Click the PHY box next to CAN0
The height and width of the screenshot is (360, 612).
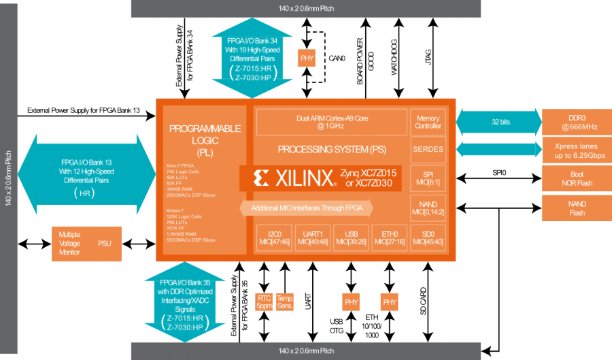pos(308,59)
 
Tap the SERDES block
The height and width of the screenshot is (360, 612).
pos(428,150)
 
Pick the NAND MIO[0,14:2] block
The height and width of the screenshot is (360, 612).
pos(428,208)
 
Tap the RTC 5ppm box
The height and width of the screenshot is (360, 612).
pos(264,301)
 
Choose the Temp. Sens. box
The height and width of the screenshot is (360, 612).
pos(286,301)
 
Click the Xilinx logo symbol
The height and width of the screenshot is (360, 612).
pos(260,179)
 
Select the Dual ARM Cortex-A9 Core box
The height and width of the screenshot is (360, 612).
pos(331,122)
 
